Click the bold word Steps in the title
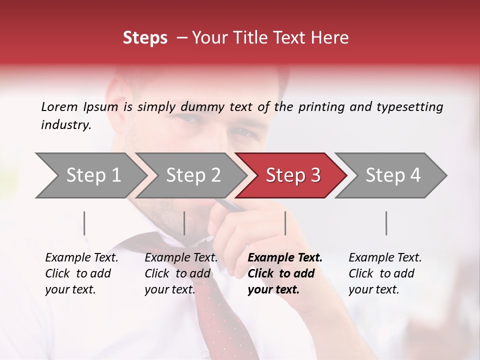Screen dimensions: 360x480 coord(145,38)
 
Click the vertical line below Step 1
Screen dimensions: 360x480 coord(84,223)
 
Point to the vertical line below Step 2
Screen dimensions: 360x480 coord(184,223)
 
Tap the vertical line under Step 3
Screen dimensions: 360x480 coord(285,223)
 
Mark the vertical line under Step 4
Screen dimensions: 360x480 coord(386,223)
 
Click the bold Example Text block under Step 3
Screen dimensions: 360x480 coord(284,273)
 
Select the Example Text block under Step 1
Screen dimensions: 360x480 coord(81,273)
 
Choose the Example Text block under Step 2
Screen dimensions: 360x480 coord(181,273)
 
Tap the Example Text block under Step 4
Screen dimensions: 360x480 coord(385,273)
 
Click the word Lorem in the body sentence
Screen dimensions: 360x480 coord(59,106)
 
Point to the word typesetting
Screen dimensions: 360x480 coord(409,107)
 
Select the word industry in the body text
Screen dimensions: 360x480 coord(66,125)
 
